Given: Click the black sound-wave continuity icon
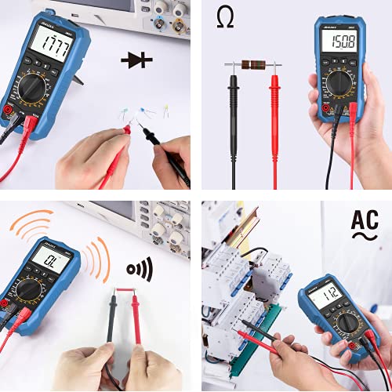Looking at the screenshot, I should pyautogui.click(x=140, y=270).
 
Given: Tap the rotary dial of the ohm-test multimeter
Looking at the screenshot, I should pyautogui.click(x=339, y=77).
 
